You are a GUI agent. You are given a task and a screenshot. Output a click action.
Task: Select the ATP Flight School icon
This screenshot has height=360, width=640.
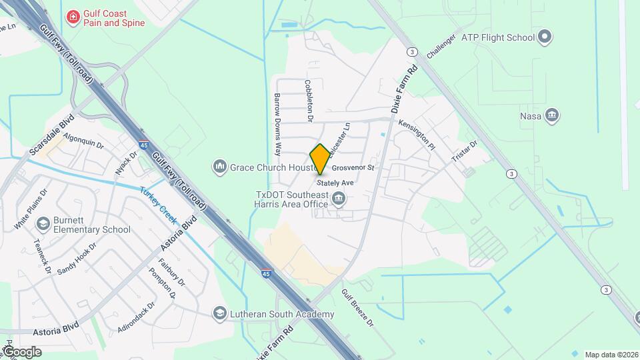point(545,35)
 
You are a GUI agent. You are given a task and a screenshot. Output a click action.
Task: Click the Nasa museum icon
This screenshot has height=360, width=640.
point(551,116)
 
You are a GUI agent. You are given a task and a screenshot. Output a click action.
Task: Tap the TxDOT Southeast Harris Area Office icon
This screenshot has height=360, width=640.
point(339,198)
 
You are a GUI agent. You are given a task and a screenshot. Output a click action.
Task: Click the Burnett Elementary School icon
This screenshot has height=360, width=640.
point(44,223)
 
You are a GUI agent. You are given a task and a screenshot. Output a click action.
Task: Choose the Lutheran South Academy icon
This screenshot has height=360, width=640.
point(219,313)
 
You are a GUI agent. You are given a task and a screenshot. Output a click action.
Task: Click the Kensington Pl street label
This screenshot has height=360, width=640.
point(417,134)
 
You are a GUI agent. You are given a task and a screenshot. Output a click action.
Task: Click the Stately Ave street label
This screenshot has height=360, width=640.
point(335,182)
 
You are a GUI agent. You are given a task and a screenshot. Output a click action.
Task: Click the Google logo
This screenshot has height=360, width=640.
point(22,351)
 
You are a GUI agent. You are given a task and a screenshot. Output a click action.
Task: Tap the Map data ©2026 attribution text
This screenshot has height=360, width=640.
point(611,355)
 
